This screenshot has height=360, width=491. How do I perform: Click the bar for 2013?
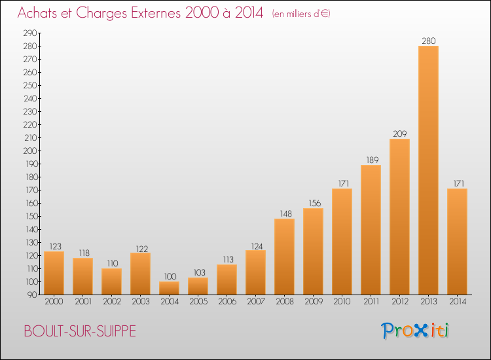click(x=428, y=170)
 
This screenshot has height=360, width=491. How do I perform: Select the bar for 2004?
click(x=169, y=288)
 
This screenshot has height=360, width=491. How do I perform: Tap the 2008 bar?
click(x=284, y=257)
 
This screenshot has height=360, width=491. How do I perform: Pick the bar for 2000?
click(x=54, y=273)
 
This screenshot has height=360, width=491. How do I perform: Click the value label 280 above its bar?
click(x=428, y=41)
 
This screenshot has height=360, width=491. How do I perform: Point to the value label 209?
click(x=399, y=134)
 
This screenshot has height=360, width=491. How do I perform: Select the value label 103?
click(x=199, y=273)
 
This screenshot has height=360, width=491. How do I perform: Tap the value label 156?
click(x=315, y=204)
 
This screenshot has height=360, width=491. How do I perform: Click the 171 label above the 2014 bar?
click(x=459, y=183)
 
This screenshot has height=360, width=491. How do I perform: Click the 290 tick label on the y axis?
click(x=30, y=33)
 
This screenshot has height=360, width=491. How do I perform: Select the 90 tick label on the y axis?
click(x=32, y=295)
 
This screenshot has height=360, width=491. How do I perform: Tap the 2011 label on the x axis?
click(x=371, y=302)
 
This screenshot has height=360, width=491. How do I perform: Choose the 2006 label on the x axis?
click(x=227, y=302)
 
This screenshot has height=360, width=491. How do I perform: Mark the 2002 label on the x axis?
click(x=112, y=302)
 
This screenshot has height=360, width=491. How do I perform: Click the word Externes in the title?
click(x=156, y=13)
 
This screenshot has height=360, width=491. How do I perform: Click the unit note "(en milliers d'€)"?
click(x=301, y=14)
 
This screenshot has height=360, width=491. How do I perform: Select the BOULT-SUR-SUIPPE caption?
click(x=80, y=331)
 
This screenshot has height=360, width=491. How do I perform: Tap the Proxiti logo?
click(x=415, y=331)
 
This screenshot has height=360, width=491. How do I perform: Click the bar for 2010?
click(x=342, y=242)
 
